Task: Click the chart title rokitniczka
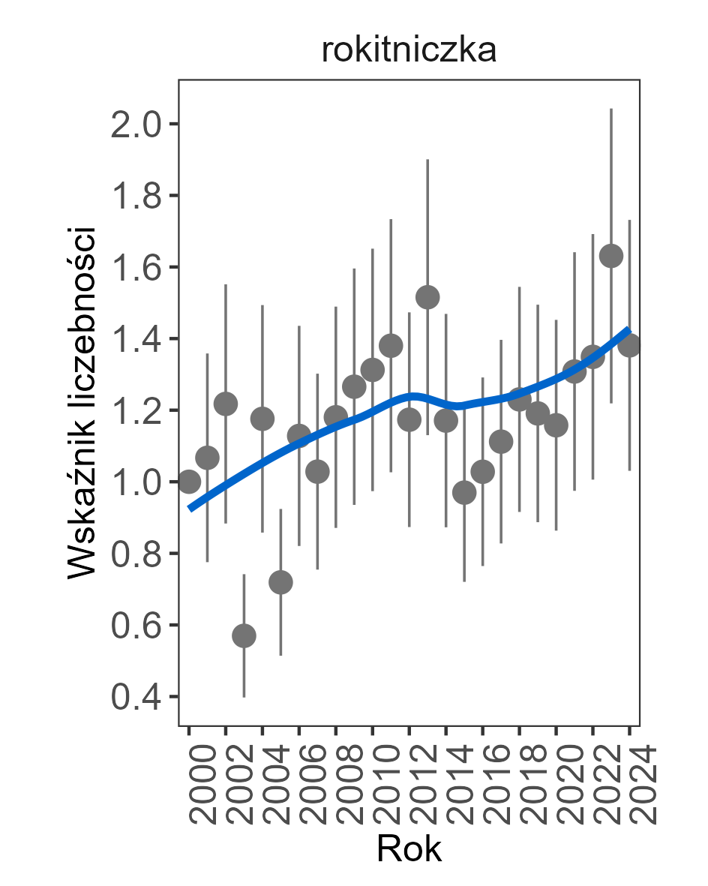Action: click(x=409, y=51)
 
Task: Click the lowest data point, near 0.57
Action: click(x=244, y=636)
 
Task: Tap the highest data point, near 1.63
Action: click(x=611, y=256)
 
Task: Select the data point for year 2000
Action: click(x=189, y=482)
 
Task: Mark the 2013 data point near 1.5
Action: click(x=427, y=297)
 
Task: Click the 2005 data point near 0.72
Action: click(x=280, y=582)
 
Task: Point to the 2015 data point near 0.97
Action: click(x=464, y=493)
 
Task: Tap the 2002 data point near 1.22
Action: click(x=226, y=404)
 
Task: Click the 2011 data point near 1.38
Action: click(x=391, y=346)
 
